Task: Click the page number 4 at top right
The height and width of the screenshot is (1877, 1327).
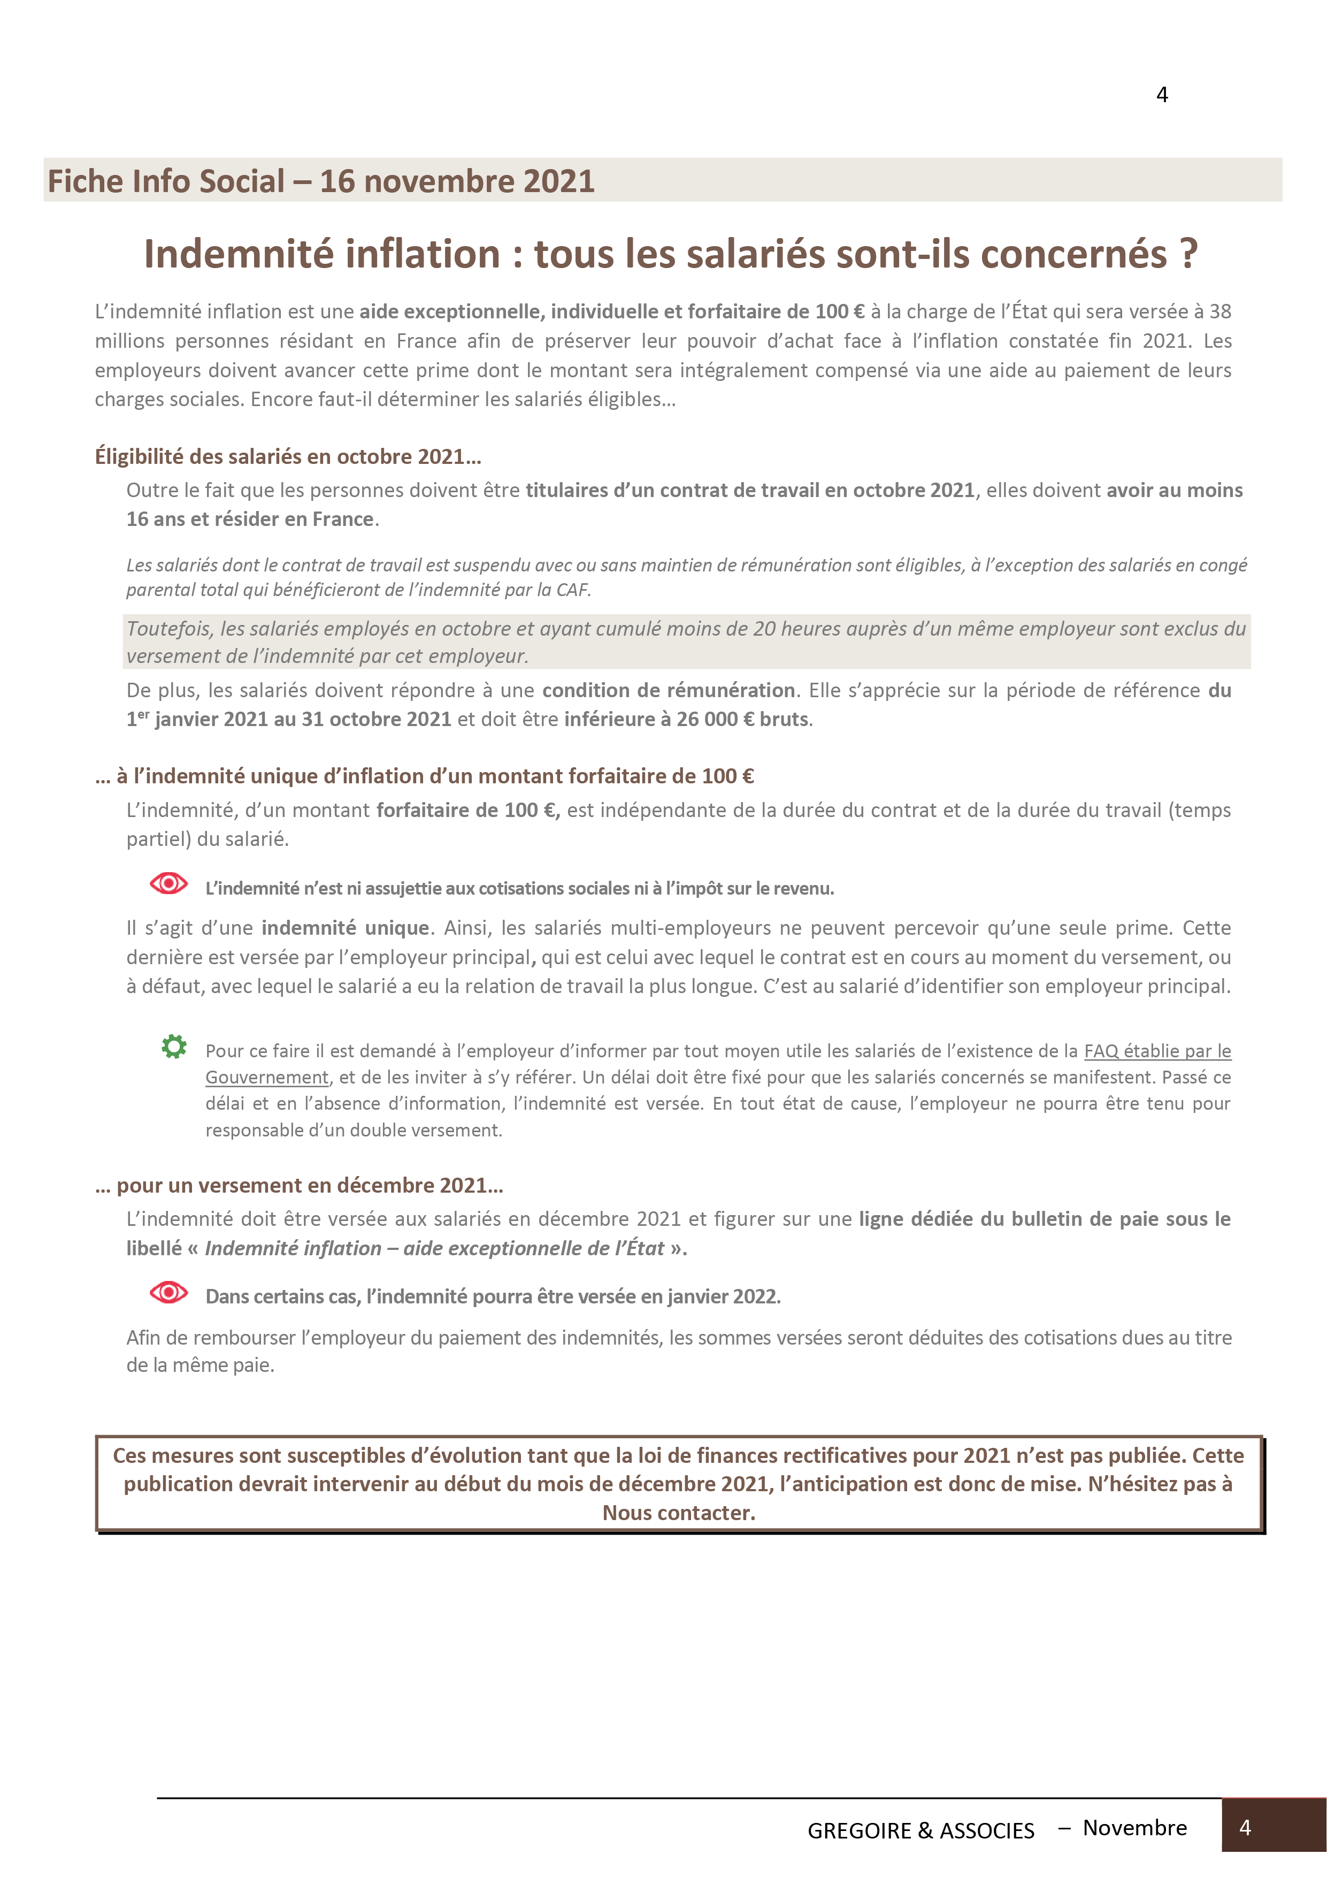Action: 1162,96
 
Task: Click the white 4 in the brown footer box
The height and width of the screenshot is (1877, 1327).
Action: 1245,1827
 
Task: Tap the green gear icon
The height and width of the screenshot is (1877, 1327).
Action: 173,1047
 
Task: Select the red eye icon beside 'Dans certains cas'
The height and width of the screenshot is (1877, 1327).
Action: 169,1292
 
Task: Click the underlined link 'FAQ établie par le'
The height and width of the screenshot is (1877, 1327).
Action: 1157,1051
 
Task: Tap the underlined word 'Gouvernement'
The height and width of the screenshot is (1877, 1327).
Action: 266,1078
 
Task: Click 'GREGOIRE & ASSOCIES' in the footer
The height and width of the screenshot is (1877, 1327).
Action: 921,1830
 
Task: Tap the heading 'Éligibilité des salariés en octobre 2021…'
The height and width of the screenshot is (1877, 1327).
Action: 288,456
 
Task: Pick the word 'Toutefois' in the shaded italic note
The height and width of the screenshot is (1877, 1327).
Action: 167,629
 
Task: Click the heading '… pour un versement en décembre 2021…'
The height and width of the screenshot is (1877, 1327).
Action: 299,1185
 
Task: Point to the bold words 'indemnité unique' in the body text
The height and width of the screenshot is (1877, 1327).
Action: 345,928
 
